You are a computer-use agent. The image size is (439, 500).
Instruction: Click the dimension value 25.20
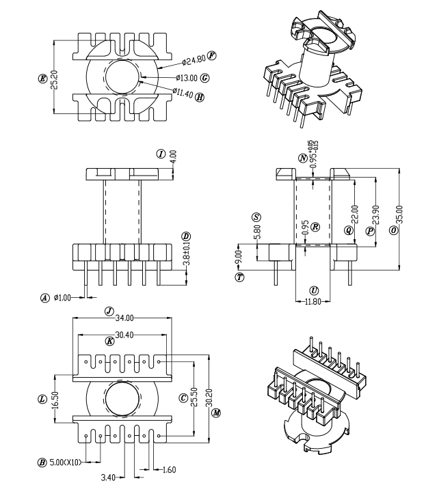tap(54, 79)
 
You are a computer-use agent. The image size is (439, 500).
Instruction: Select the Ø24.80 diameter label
tap(194, 60)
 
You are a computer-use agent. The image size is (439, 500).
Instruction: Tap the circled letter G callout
tap(205, 78)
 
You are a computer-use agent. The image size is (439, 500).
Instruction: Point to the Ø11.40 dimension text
tap(183, 93)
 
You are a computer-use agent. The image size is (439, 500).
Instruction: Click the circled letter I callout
tap(161, 154)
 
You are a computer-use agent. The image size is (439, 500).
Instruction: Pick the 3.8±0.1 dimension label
tap(187, 254)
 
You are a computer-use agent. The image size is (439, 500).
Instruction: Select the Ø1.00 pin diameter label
tap(62, 298)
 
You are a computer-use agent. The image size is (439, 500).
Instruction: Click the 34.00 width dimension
tap(124, 318)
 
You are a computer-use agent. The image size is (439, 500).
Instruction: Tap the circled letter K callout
tap(110, 342)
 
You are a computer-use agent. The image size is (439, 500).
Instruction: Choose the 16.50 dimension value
tap(55, 399)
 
